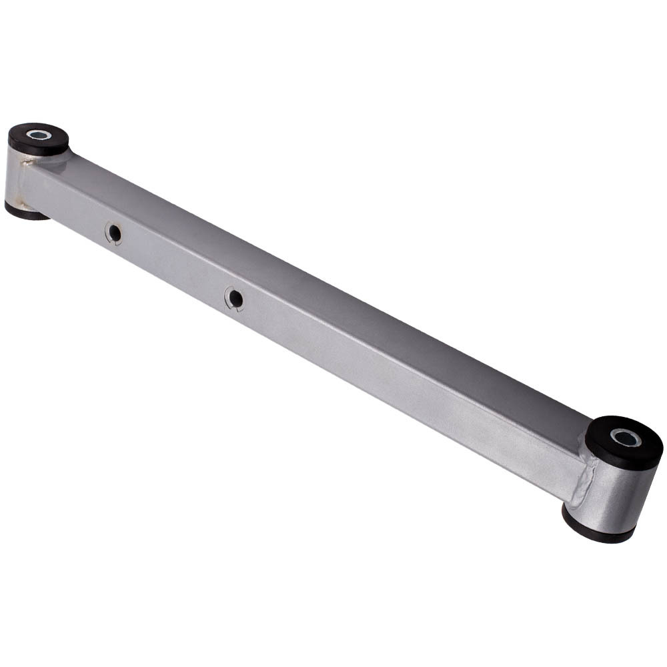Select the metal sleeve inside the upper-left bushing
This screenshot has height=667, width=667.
pyautogui.click(x=38, y=135)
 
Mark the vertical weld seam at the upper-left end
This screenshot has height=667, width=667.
pyautogui.click(x=26, y=183)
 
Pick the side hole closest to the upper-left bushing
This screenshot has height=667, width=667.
pyautogui.click(x=115, y=233)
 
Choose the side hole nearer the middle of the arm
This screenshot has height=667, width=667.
pyautogui.click(x=234, y=297)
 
